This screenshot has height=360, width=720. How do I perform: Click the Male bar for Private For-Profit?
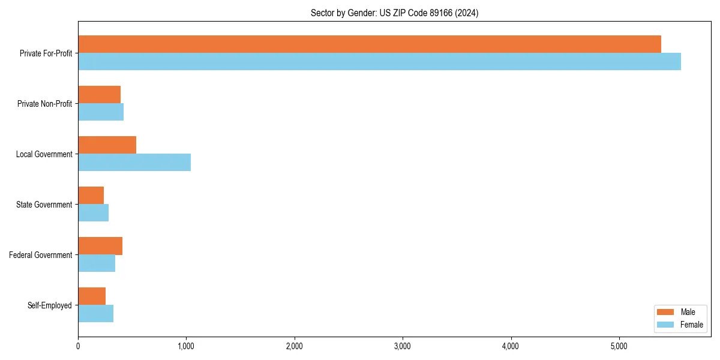tap(369, 44)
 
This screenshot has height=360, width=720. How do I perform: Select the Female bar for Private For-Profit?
tap(379, 62)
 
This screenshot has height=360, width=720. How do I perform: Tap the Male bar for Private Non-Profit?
tap(99, 95)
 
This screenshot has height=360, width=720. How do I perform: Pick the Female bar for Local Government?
tap(134, 163)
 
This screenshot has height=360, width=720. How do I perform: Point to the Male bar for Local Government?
tap(107, 145)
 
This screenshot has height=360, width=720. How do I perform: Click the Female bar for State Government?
tap(93, 213)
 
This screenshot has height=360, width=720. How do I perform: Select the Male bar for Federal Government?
tap(100, 246)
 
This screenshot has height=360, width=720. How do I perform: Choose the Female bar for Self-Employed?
tap(95, 314)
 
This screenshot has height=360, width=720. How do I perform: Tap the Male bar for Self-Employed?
tap(92, 296)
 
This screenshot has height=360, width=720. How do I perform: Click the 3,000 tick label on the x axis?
tap(403, 346)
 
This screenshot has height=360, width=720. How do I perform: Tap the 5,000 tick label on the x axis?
tap(619, 346)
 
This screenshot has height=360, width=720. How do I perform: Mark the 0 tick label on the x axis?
tap(78, 346)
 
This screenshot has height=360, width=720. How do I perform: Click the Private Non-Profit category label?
tap(44, 104)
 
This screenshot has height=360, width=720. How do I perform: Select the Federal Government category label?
tap(41, 255)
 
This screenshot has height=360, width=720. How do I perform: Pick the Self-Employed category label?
tap(50, 305)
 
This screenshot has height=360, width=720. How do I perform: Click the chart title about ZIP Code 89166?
tap(394, 13)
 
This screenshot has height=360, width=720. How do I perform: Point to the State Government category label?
tap(44, 205)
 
